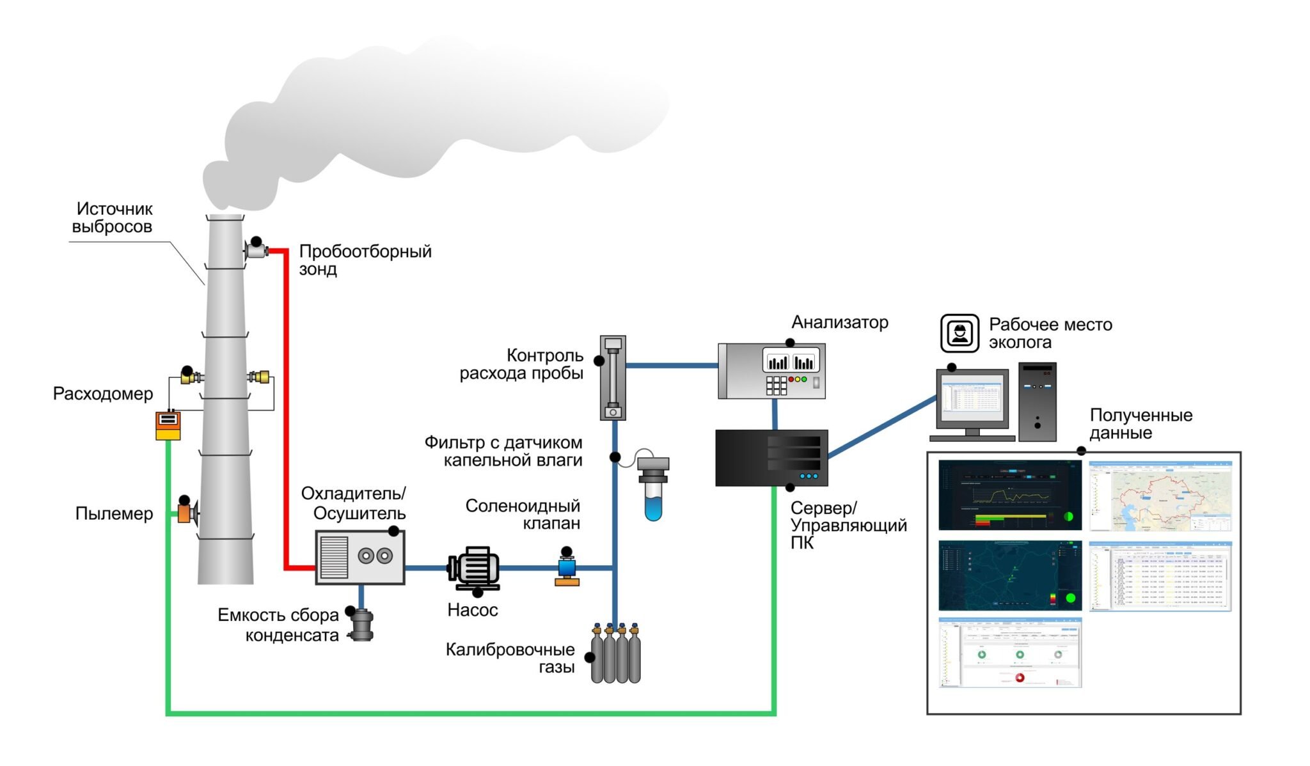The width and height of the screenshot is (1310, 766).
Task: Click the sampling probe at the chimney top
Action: (256, 250)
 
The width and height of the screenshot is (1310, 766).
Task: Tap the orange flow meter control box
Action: (168, 426)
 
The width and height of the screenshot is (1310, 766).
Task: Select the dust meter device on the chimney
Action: (186, 513)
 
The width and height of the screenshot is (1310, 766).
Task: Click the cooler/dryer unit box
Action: (360, 557)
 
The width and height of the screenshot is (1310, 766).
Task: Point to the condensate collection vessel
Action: (362, 625)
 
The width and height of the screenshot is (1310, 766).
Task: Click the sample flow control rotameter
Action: (613, 377)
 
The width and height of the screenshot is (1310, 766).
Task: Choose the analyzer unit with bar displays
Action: (771, 371)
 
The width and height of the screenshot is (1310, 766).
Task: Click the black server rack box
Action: (771, 458)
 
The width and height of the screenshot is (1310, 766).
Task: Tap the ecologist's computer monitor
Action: (972, 400)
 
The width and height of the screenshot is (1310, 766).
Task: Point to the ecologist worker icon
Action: (959, 333)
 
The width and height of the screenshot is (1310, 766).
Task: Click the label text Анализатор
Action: (840, 322)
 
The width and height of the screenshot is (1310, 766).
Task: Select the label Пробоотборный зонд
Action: (365, 260)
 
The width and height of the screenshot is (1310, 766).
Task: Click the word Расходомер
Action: (103, 394)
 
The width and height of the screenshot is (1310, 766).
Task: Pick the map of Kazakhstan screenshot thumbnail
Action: (1160, 496)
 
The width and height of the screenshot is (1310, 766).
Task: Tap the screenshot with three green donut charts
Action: (1010, 653)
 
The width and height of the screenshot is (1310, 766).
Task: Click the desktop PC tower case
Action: (1037, 402)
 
